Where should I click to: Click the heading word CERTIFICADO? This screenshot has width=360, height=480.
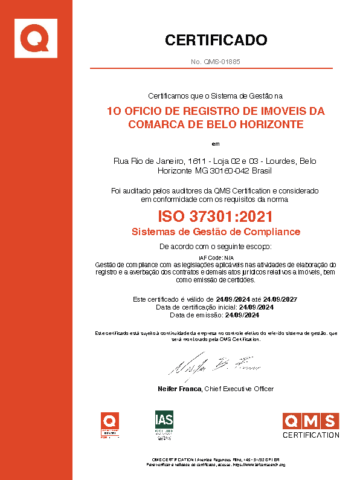coord(216,41)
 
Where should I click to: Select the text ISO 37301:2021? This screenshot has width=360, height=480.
coord(216,216)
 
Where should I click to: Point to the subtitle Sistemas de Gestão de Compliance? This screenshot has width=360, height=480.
coord(216,232)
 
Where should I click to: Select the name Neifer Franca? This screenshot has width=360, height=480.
coord(179,388)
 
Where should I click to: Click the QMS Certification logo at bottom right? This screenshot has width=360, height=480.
coord(311,425)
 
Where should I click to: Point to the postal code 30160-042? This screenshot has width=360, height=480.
coord(231,171)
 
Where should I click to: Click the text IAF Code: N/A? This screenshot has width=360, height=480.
coord(216,258)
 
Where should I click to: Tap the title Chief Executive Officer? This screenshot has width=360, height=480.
coord(239,388)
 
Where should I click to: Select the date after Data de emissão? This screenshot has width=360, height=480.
coord(242,315)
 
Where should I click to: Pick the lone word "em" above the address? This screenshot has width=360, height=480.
coord(216,144)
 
